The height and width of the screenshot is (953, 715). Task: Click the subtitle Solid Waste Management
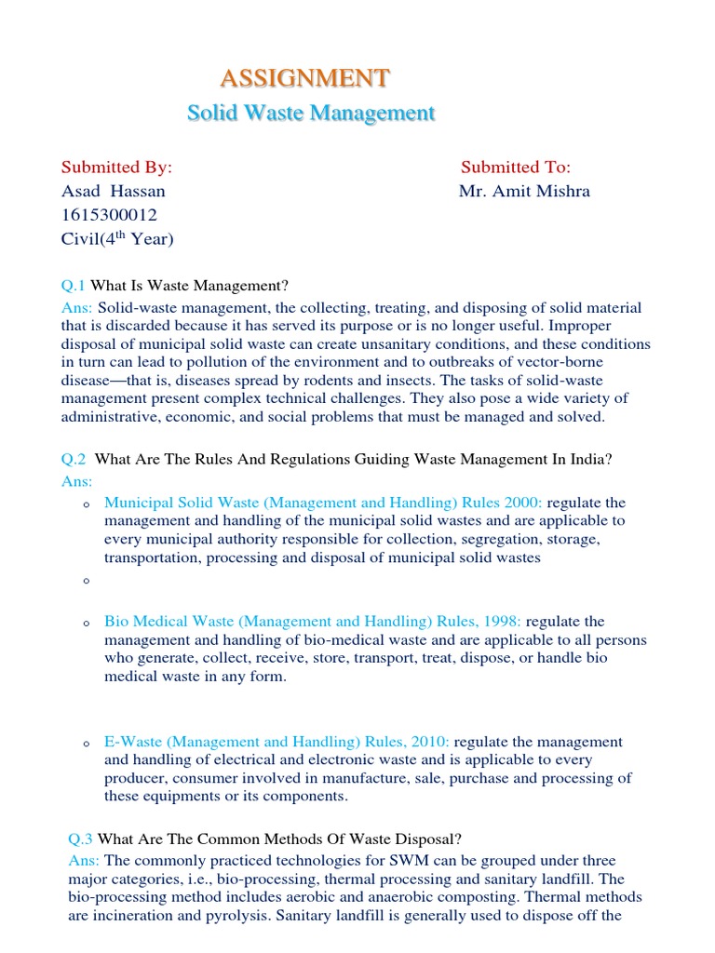[x=311, y=114]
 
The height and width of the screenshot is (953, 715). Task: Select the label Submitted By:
[x=117, y=168]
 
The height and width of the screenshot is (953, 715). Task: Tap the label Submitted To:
[x=516, y=168]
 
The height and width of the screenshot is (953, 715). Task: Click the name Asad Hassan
[x=114, y=192]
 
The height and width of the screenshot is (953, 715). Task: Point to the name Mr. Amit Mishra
[x=524, y=192]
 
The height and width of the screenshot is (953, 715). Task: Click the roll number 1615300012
[x=110, y=215]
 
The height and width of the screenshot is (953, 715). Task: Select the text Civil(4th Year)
[x=117, y=239]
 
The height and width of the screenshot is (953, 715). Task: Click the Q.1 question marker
[x=74, y=285]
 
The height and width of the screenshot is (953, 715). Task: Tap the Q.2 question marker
[x=74, y=460]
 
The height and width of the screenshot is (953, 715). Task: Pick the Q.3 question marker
[x=81, y=838]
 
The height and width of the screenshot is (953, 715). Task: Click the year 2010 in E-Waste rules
[x=431, y=742]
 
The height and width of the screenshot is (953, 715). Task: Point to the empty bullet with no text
[x=86, y=581]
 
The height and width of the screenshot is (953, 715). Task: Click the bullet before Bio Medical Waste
[x=86, y=624]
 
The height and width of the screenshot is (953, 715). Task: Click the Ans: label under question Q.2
[x=76, y=481]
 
